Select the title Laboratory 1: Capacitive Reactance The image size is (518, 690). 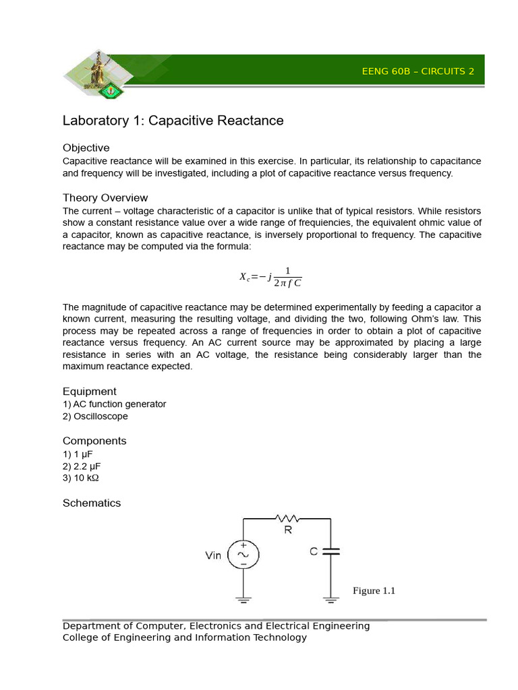click(173, 121)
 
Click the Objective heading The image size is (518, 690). click(86, 148)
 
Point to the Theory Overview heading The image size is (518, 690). click(105, 197)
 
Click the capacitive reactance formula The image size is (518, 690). click(270, 276)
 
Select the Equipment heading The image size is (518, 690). click(89, 391)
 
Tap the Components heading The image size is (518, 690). click(94, 441)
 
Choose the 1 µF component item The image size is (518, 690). click(78, 453)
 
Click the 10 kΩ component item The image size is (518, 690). click(81, 478)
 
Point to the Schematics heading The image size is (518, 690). click(92, 503)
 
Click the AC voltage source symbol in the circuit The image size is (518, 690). click(243, 555)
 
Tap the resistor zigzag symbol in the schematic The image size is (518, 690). click(288, 518)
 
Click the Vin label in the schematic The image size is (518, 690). click(213, 556)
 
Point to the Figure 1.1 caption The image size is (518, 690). click(374, 591)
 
